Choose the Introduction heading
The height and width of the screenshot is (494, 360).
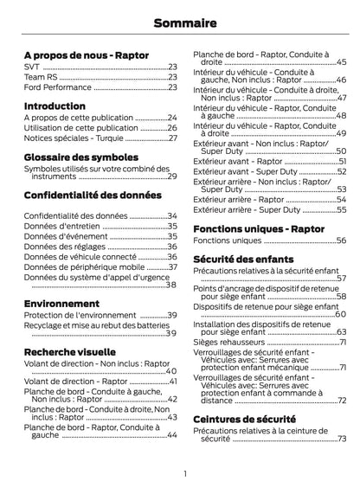[55, 106]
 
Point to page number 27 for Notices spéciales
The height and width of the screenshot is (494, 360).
[171, 138]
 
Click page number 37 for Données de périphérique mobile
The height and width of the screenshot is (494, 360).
[171, 267]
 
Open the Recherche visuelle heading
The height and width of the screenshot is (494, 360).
[69, 353]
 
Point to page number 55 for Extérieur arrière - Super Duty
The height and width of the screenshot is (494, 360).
[340, 209]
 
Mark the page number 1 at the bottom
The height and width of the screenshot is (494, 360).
[184, 473]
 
